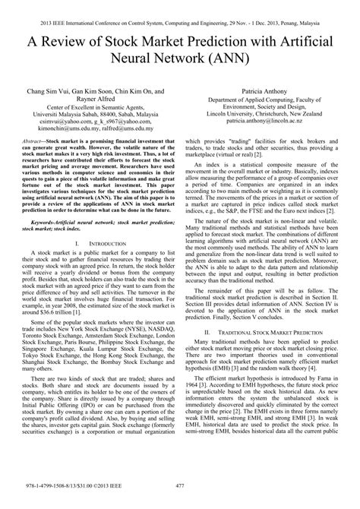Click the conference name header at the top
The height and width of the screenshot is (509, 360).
pyautogui.click(x=180, y=7)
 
